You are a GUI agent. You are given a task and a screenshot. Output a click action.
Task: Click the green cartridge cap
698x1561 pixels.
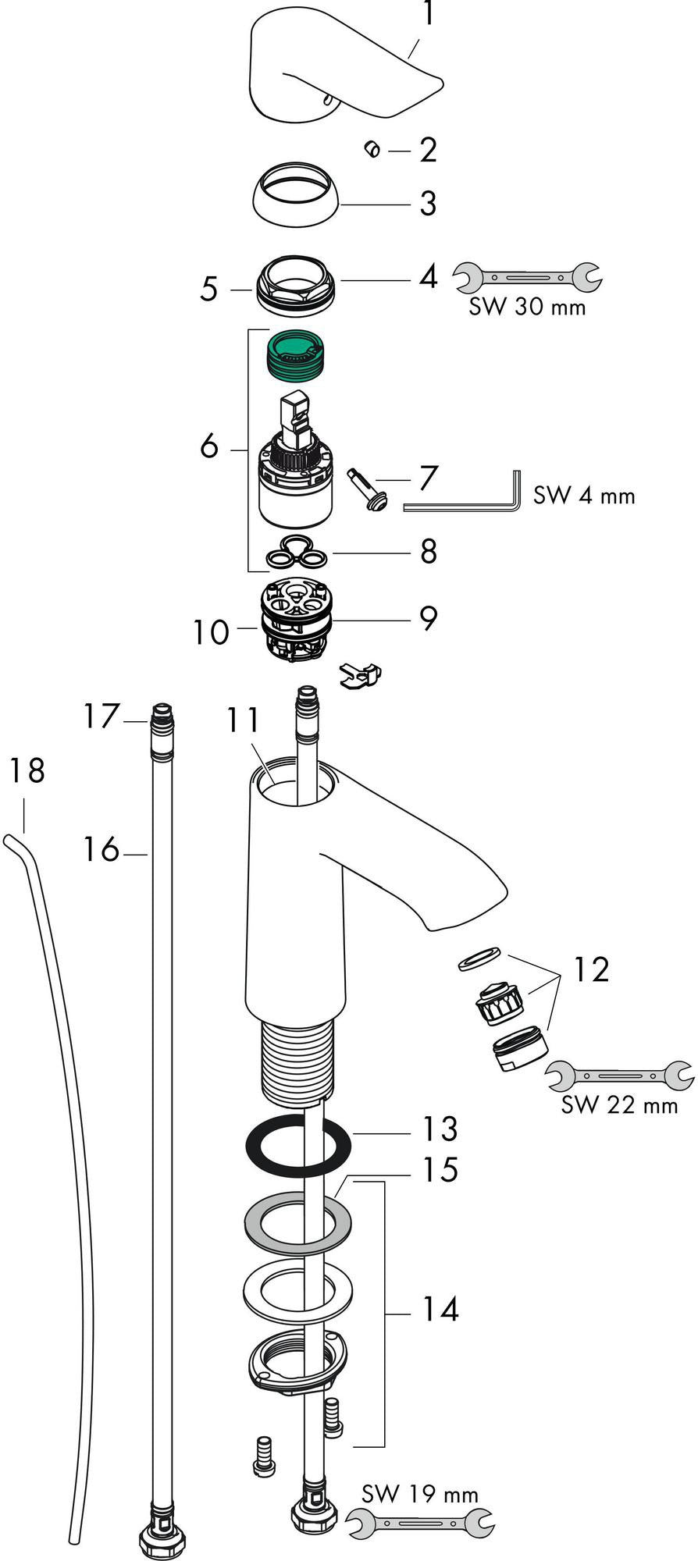click(297, 354)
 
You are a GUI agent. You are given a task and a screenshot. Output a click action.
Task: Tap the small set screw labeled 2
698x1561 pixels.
click(372, 148)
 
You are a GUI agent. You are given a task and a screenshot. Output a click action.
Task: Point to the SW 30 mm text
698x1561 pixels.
click(527, 307)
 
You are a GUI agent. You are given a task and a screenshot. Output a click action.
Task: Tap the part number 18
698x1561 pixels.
click(27, 771)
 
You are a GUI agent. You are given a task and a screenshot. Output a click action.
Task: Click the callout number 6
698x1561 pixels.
click(208, 448)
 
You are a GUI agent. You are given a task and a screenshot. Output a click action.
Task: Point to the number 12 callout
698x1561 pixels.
click(590, 970)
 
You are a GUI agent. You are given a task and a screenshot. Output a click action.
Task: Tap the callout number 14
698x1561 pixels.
click(440, 1308)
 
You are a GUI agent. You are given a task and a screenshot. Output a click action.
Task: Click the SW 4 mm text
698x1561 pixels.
click(584, 495)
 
